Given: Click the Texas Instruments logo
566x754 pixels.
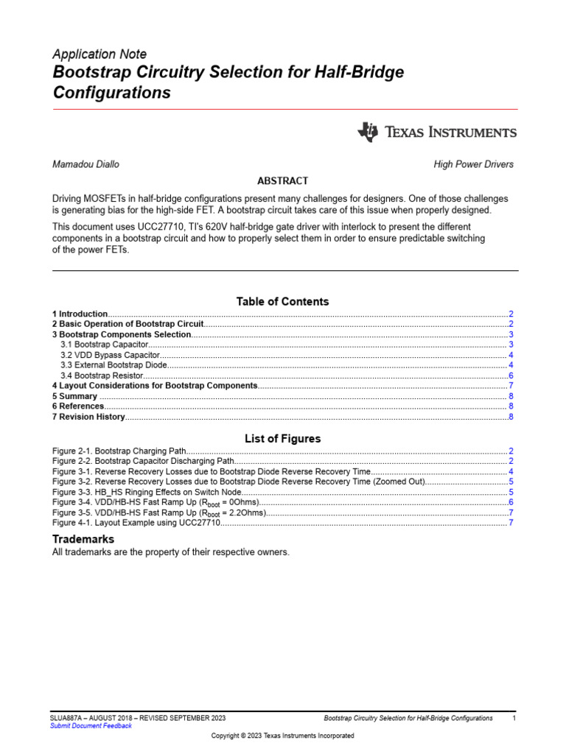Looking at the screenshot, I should coord(437,133).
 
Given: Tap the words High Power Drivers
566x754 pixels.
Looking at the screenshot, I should coord(473,164).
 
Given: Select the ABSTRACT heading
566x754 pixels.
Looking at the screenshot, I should coord(282,181).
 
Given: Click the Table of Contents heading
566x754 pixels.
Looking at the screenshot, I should coord(282,301).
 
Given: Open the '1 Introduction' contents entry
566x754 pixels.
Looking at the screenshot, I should coord(80,314).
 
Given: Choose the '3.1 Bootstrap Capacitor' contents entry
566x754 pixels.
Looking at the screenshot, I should coord(104,345).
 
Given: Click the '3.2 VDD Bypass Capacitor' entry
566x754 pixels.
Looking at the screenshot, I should coord(110,355).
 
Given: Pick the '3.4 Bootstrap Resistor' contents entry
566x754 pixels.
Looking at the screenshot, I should coord(102,376).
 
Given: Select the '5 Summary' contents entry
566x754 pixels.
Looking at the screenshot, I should coord(74,396).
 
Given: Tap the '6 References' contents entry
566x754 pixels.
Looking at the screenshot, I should coord(78,406).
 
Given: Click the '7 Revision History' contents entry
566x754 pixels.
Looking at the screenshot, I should coord(88,417).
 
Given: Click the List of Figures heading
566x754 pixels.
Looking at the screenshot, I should coord(282,439).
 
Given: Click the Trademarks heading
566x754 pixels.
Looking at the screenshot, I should coord(83,539).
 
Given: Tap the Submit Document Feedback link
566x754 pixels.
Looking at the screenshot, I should coord(91,726).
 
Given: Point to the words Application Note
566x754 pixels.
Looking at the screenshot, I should coord(99,54).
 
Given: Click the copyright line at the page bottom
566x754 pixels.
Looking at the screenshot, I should coord(282,736).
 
